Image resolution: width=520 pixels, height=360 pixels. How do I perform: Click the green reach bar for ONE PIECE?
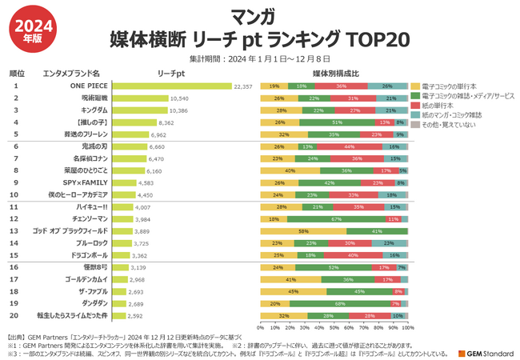point(171,86)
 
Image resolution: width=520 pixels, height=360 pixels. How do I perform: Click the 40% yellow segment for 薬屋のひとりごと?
point(290,170)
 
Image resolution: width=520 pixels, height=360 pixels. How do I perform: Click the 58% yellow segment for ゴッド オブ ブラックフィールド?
point(304,230)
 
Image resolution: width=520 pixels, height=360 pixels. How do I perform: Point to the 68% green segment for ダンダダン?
point(341,304)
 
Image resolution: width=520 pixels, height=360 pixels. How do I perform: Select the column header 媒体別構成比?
point(334,73)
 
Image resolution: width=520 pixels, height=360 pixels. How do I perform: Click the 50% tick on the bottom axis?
point(335,326)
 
